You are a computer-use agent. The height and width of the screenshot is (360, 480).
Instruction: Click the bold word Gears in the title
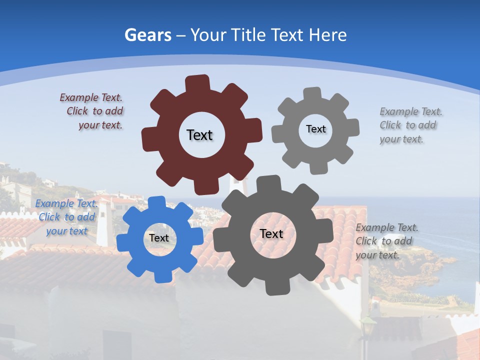pyautogui.click(x=148, y=35)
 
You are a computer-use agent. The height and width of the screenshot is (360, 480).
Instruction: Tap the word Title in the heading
pyautogui.click(x=249, y=35)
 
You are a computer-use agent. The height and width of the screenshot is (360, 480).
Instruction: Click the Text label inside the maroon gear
pyautogui.click(x=199, y=135)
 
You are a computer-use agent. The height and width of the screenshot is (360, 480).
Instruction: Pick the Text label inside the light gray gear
pyautogui.click(x=315, y=129)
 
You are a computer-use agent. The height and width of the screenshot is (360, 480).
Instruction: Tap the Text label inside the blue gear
pyautogui.click(x=159, y=238)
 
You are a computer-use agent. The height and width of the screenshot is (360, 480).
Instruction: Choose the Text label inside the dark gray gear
pyautogui.click(x=271, y=233)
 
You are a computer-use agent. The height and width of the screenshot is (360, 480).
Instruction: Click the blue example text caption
pyautogui.click(x=66, y=217)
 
